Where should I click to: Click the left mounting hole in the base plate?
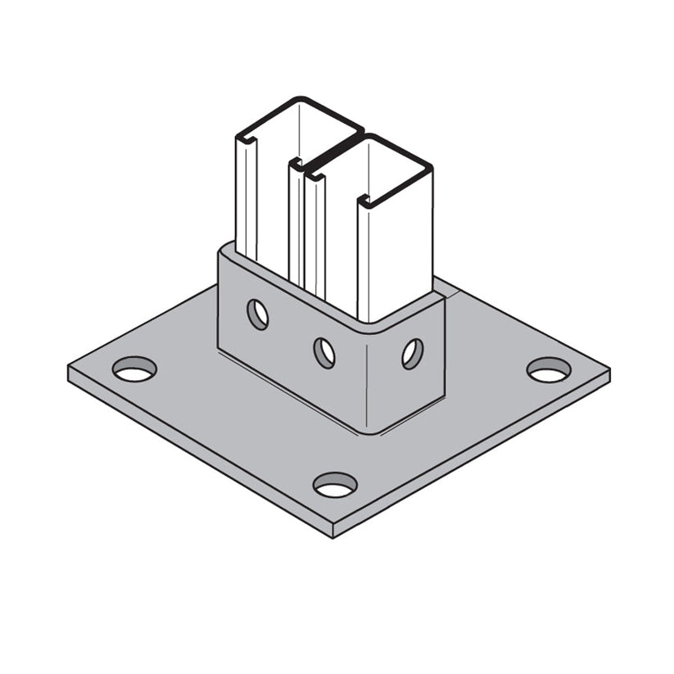(134, 370)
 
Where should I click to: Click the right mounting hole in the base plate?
(548, 370)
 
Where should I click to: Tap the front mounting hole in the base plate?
(335, 485)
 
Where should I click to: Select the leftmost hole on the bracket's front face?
(258, 314)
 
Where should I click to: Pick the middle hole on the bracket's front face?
(325, 352)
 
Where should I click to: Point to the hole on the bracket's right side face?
(412, 353)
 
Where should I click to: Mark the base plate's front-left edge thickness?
(197, 455)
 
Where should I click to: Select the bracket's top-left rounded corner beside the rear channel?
(224, 250)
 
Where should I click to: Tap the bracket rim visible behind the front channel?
(443, 287)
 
